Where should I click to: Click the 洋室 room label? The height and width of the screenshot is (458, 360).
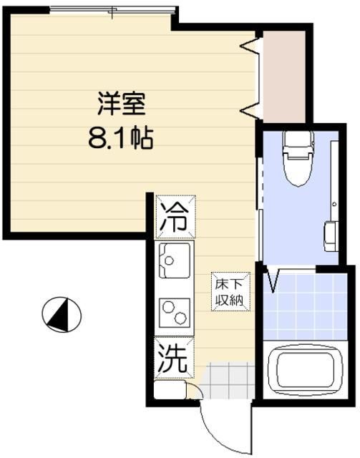click(x=121, y=105)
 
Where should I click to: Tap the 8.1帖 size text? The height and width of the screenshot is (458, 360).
click(x=121, y=137)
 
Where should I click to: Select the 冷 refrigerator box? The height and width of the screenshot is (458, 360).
click(x=172, y=215)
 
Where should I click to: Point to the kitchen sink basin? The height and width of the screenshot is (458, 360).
click(x=174, y=261)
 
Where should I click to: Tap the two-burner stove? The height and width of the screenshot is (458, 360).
click(x=173, y=313)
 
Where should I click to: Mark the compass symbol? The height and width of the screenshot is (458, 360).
click(x=62, y=313)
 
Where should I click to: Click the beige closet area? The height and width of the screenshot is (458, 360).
click(x=283, y=75)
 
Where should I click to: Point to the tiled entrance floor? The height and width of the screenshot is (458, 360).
click(x=228, y=380)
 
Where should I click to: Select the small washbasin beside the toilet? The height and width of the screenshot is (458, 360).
click(x=331, y=235)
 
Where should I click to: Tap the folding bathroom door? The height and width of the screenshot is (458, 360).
click(x=273, y=280)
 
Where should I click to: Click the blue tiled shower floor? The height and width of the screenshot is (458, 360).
click(x=305, y=306)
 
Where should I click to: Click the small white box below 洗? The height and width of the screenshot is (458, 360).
click(x=170, y=391)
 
